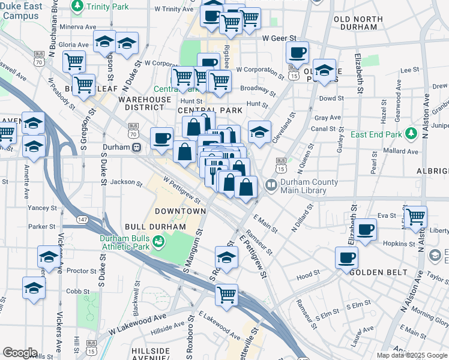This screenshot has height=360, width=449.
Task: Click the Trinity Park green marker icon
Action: click(x=77, y=6)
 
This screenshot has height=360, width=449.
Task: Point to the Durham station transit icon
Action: click(x=137, y=147)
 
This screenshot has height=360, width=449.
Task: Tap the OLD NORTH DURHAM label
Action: click(x=358, y=23)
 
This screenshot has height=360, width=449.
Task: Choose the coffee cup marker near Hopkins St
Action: click(x=365, y=229)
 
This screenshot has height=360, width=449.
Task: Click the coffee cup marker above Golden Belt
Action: click(x=346, y=258)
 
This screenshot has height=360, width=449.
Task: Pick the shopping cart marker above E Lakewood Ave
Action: click(x=226, y=294)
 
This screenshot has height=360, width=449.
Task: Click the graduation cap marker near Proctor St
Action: click(x=48, y=257)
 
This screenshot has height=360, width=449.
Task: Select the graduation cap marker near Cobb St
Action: click(x=34, y=289)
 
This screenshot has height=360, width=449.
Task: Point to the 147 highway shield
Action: click(x=82, y=220)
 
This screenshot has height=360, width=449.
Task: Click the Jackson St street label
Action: click(x=126, y=182)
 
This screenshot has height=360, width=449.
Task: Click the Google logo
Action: click(x=20, y=353)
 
